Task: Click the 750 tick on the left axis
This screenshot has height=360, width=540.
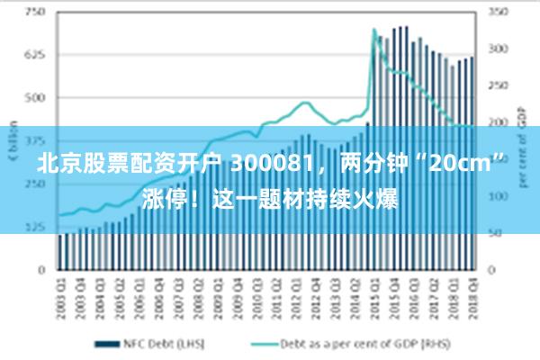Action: (x=35, y=12)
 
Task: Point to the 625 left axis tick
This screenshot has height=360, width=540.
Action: (x=35, y=54)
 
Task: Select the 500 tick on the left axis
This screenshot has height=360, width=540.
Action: (x=35, y=97)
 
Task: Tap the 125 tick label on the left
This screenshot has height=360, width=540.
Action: (x=35, y=226)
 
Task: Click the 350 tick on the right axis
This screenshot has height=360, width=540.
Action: (x=497, y=12)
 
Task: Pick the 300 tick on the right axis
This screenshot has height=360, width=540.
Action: (x=497, y=49)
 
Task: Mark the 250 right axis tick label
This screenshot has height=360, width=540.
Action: (x=497, y=85)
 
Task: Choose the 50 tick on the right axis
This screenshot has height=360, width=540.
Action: (x=494, y=233)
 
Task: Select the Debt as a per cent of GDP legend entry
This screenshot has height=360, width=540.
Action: (x=351, y=343)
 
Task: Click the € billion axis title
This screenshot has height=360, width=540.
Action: (x=11, y=135)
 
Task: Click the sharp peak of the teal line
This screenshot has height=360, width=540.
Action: (x=373, y=30)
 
